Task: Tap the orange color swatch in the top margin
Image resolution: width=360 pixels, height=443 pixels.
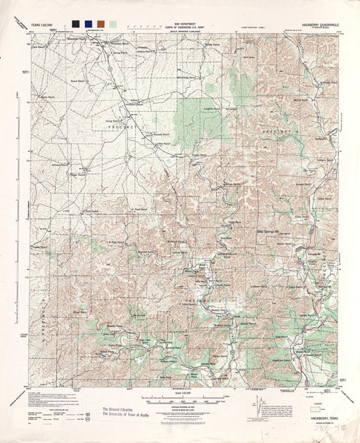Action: pyautogui.click(x=101, y=23)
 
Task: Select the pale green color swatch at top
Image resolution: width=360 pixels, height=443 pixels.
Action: pyautogui.click(x=112, y=23)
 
